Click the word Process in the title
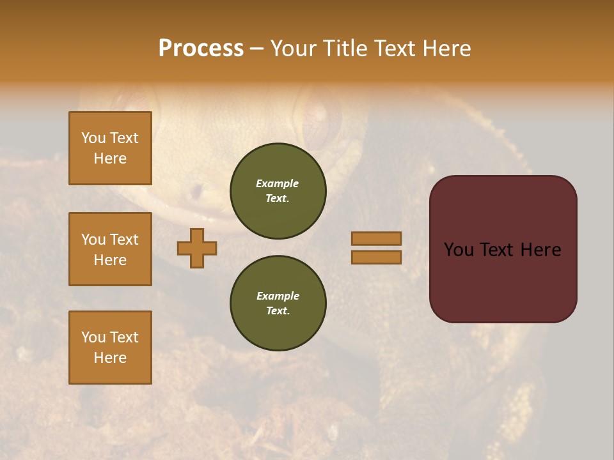(x=201, y=49)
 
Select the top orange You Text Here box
(x=110, y=148)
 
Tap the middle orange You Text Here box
(x=110, y=249)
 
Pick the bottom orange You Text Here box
(x=110, y=348)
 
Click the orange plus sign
(x=197, y=248)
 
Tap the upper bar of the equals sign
(x=377, y=238)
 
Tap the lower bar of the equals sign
(x=377, y=257)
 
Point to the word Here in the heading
(x=445, y=49)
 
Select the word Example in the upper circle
(x=278, y=183)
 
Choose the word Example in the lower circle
(x=278, y=296)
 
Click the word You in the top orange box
(x=93, y=138)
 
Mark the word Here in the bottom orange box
(x=110, y=358)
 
